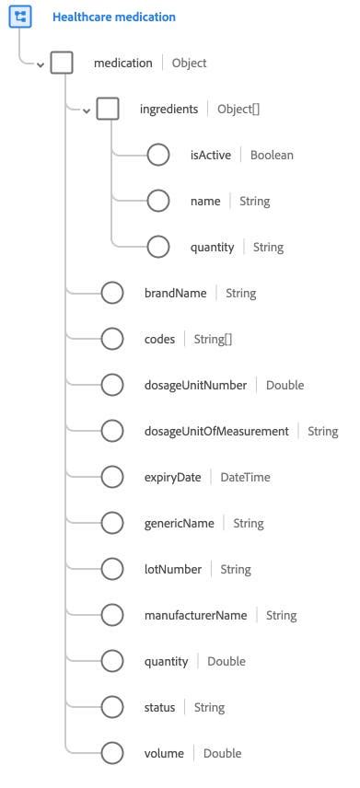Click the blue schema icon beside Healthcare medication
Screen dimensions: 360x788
pos(20,17)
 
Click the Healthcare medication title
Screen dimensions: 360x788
pos(114,17)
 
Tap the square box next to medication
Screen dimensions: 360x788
pos(62,64)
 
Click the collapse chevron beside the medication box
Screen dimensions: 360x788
pos(41,64)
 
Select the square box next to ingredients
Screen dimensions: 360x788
pos(108,110)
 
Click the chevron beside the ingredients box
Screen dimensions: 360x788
pos(87,110)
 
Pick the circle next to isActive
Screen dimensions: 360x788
pos(158,155)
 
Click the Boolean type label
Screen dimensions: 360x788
pos(272,155)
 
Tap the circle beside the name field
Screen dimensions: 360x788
pos(158,201)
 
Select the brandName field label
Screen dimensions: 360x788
pos(175,293)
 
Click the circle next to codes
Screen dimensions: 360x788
pos(112,339)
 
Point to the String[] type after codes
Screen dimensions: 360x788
pos(214,339)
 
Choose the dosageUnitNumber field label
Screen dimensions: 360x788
pos(195,385)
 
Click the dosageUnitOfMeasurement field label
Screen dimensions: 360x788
pos(216,431)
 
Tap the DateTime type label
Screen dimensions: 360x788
pos(245,477)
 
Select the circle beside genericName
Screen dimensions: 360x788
pos(112,523)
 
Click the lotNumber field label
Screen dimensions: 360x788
pos(173,569)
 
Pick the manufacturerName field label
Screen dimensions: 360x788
pos(195,615)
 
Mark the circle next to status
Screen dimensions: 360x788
pos(112,707)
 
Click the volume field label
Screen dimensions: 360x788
pos(164,753)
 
